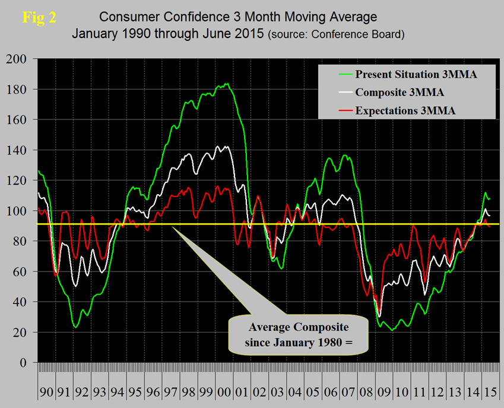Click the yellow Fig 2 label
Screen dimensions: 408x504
click(x=39, y=17)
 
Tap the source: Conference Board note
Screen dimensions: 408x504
click(x=337, y=34)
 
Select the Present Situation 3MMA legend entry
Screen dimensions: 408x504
click(x=416, y=74)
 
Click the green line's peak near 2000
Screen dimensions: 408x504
click(x=226, y=84)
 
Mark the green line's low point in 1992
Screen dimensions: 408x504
click(x=75, y=327)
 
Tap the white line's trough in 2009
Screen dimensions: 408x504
click(x=379, y=316)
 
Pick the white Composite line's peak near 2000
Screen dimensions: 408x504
click(x=225, y=146)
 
